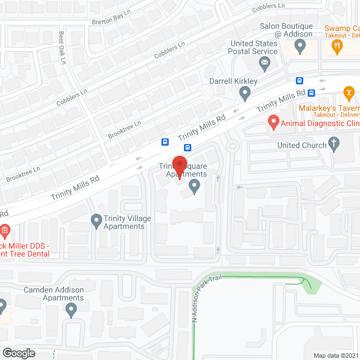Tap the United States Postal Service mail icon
tap(265, 66)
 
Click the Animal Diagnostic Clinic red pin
tap(273, 122)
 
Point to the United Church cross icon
tap(335, 145)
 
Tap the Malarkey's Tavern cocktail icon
tap(348, 92)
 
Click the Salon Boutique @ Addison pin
tap(300, 48)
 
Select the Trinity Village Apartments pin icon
tap(96, 219)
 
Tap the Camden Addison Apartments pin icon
tap(71, 308)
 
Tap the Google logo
tap(18, 353)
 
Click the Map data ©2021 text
tap(336, 355)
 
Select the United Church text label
tap(301, 145)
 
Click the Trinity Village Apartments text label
tap(124, 223)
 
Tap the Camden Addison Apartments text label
tap(53, 294)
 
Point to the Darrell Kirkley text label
tap(233, 81)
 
